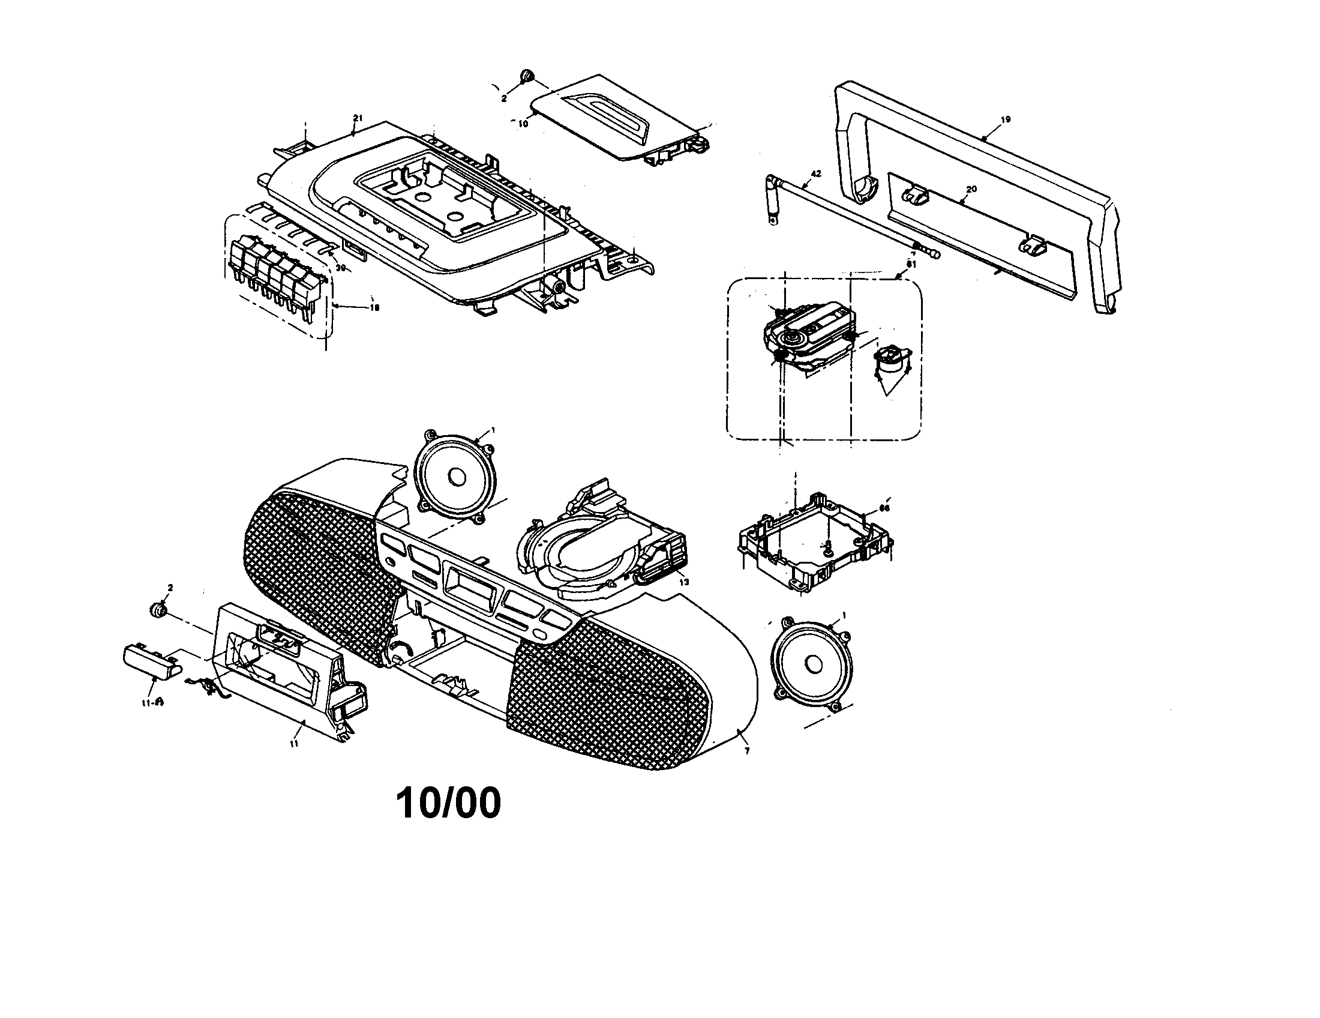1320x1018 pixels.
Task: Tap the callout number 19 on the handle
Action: pyautogui.click(x=1005, y=119)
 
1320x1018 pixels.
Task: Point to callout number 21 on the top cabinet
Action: pyautogui.click(x=357, y=118)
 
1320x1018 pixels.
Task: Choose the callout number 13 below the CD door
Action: pyautogui.click(x=683, y=582)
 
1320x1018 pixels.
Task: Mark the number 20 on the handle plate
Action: pyautogui.click(x=971, y=189)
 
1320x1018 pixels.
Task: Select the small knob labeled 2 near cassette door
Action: pyautogui.click(x=158, y=610)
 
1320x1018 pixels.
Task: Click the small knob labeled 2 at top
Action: pyautogui.click(x=526, y=77)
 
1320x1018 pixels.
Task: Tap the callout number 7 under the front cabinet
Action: pyautogui.click(x=747, y=751)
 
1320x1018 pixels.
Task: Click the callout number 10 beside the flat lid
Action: pyautogui.click(x=523, y=122)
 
